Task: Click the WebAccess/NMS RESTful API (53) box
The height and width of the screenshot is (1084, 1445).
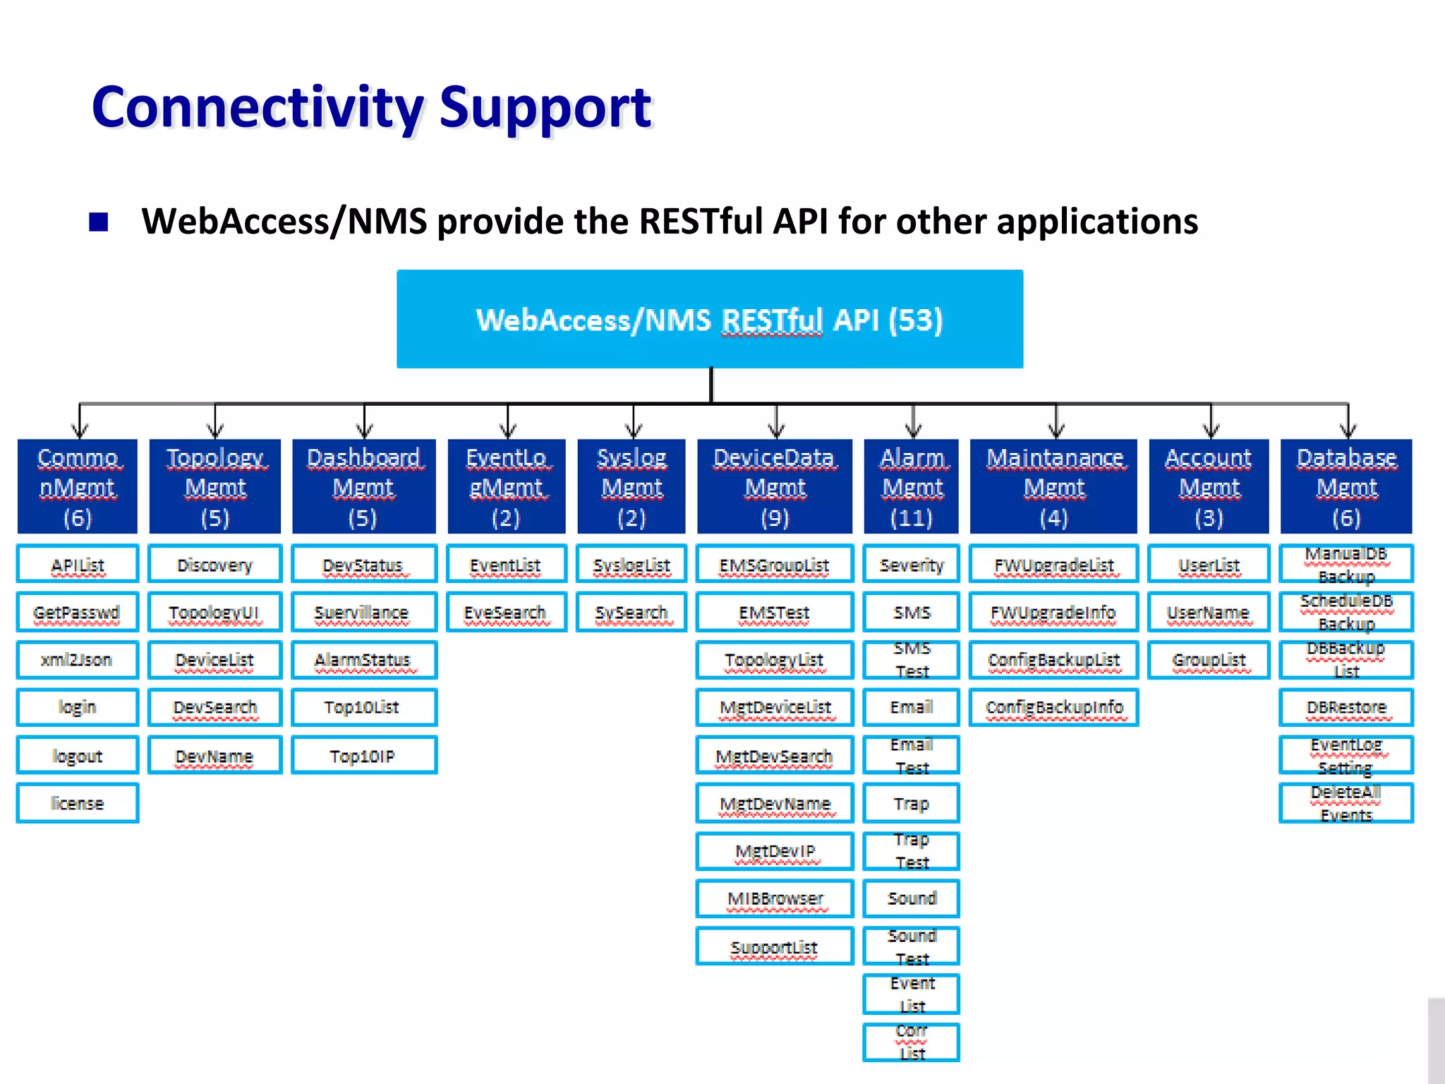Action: click(x=709, y=319)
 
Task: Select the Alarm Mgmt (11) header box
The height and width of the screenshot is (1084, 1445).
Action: click(x=911, y=486)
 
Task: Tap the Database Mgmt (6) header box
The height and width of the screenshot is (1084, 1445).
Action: click(x=1346, y=486)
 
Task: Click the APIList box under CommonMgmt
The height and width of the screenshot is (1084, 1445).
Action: click(x=78, y=565)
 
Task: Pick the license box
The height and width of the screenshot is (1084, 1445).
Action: click(x=78, y=803)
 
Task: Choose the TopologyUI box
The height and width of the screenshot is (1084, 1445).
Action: click(x=214, y=613)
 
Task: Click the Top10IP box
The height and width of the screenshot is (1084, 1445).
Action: click(x=363, y=756)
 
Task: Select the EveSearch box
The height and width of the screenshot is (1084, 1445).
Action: click(x=506, y=613)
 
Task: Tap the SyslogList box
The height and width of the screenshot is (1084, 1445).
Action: click(x=631, y=565)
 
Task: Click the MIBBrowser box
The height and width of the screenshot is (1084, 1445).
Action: click(x=775, y=898)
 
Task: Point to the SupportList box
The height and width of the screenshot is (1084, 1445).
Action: click(x=775, y=946)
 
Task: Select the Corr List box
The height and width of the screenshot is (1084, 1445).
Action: click(x=911, y=1042)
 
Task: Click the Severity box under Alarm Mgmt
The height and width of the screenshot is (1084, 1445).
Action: click(x=911, y=565)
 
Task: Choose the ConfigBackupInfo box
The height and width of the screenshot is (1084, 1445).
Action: click(x=1053, y=707)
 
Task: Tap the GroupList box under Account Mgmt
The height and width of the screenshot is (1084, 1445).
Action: click(x=1209, y=660)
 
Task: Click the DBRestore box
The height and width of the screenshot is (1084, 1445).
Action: click(x=1346, y=707)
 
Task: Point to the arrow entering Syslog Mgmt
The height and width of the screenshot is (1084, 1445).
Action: click(x=634, y=428)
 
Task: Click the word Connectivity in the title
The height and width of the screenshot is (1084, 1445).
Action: click(x=257, y=107)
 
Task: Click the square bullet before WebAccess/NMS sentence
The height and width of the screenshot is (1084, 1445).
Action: click(x=99, y=222)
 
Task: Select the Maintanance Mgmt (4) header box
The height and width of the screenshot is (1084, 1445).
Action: click(x=1053, y=486)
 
